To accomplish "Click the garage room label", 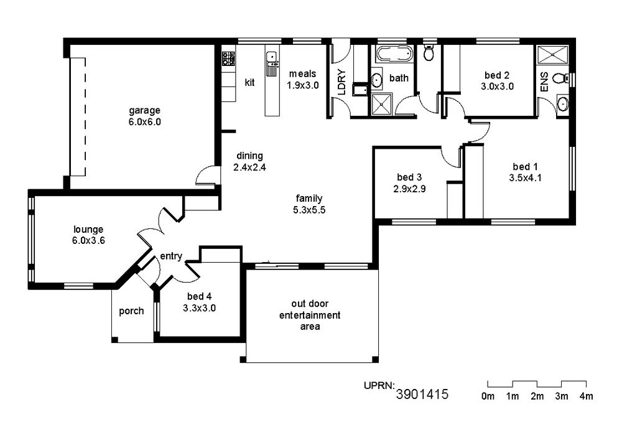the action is [x=145, y=110].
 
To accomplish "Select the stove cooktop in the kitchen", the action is [x=228, y=59].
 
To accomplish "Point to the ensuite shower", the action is [x=552, y=54].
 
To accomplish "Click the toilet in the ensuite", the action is [x=560, y=78].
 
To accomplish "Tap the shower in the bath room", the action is [x=382, y=105].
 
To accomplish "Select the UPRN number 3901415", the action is [x=422, y=394].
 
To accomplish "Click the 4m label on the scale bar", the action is [x=586, y=396].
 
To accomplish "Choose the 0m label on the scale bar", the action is [x=488, y=396].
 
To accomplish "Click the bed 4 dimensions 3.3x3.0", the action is [x=199, y=308].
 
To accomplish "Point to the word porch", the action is [x=131, y=311].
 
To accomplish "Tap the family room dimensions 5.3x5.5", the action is [x=309, y=210].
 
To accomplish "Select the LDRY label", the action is [x=341, y=82].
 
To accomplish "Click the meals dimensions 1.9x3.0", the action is [x=303, y=85].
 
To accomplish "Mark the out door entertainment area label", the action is [x=310, y=315].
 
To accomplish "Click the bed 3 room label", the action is [x=409, y=177].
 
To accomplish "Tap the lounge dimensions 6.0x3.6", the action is [x=88, y=240].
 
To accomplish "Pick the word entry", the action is [x=171, y=256].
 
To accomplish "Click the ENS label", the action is [x=544, y=82].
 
